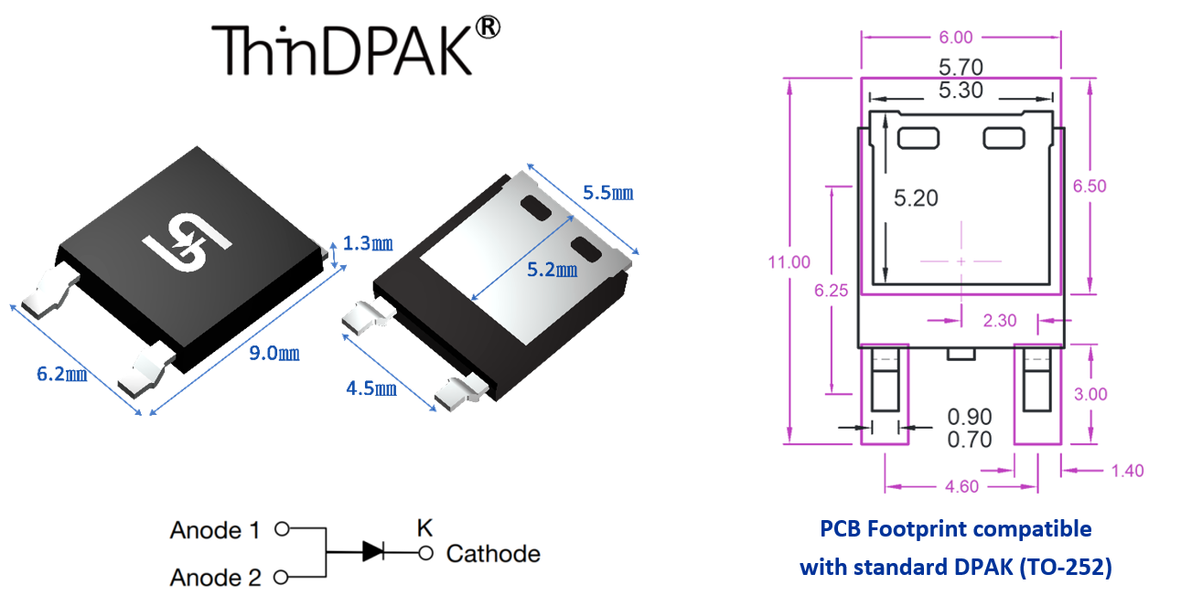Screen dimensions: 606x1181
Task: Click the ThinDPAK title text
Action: (x=342, y=49)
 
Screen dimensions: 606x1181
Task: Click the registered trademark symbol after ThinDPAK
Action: (x=489, y=28)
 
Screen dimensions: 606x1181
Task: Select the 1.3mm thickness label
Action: (x=368, y=243)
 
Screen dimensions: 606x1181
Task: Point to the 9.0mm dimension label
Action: (x=274, y=354)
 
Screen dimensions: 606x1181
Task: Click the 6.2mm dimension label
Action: (x=61, y=374)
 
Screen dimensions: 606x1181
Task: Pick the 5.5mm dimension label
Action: (x=608, y=193)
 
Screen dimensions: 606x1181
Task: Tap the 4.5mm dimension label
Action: (x=371, y=388)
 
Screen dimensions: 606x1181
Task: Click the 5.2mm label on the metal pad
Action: (x=553, y=271)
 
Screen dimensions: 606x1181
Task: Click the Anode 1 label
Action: (x=215, y=530)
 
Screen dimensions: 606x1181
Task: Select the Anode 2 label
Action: (x=215, y=578)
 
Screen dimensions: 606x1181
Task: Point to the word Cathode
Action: (x=493, y=554)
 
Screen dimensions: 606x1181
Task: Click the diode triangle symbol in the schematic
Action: (x=373, y=550)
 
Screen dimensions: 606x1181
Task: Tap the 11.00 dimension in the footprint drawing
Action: (x=789, y=262)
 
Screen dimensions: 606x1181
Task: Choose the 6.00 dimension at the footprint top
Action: (x=961, y=37)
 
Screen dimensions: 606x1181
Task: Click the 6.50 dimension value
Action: (x=1090, y=186)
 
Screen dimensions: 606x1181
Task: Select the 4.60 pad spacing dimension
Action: (x=961, y=486)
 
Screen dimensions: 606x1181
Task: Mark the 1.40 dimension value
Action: (x=1125, y=471)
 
